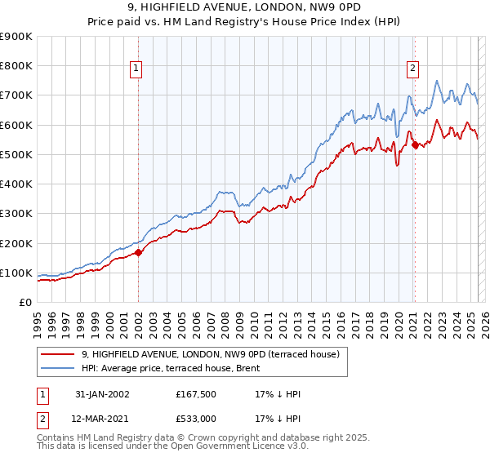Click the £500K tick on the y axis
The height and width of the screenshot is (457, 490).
(x=16, y=154)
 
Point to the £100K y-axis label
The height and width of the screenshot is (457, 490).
(x=16, y=273)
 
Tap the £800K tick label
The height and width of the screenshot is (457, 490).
(x=16, y=66)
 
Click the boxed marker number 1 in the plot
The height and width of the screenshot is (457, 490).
(x=136, y=69)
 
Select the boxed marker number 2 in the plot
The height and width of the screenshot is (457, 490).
(x=413, y=69)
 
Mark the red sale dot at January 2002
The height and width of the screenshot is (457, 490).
(x=138, y=253)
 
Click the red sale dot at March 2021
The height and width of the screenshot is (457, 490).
(x=415, y=145)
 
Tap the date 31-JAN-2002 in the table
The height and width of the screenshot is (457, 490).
(x=102, y=394)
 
